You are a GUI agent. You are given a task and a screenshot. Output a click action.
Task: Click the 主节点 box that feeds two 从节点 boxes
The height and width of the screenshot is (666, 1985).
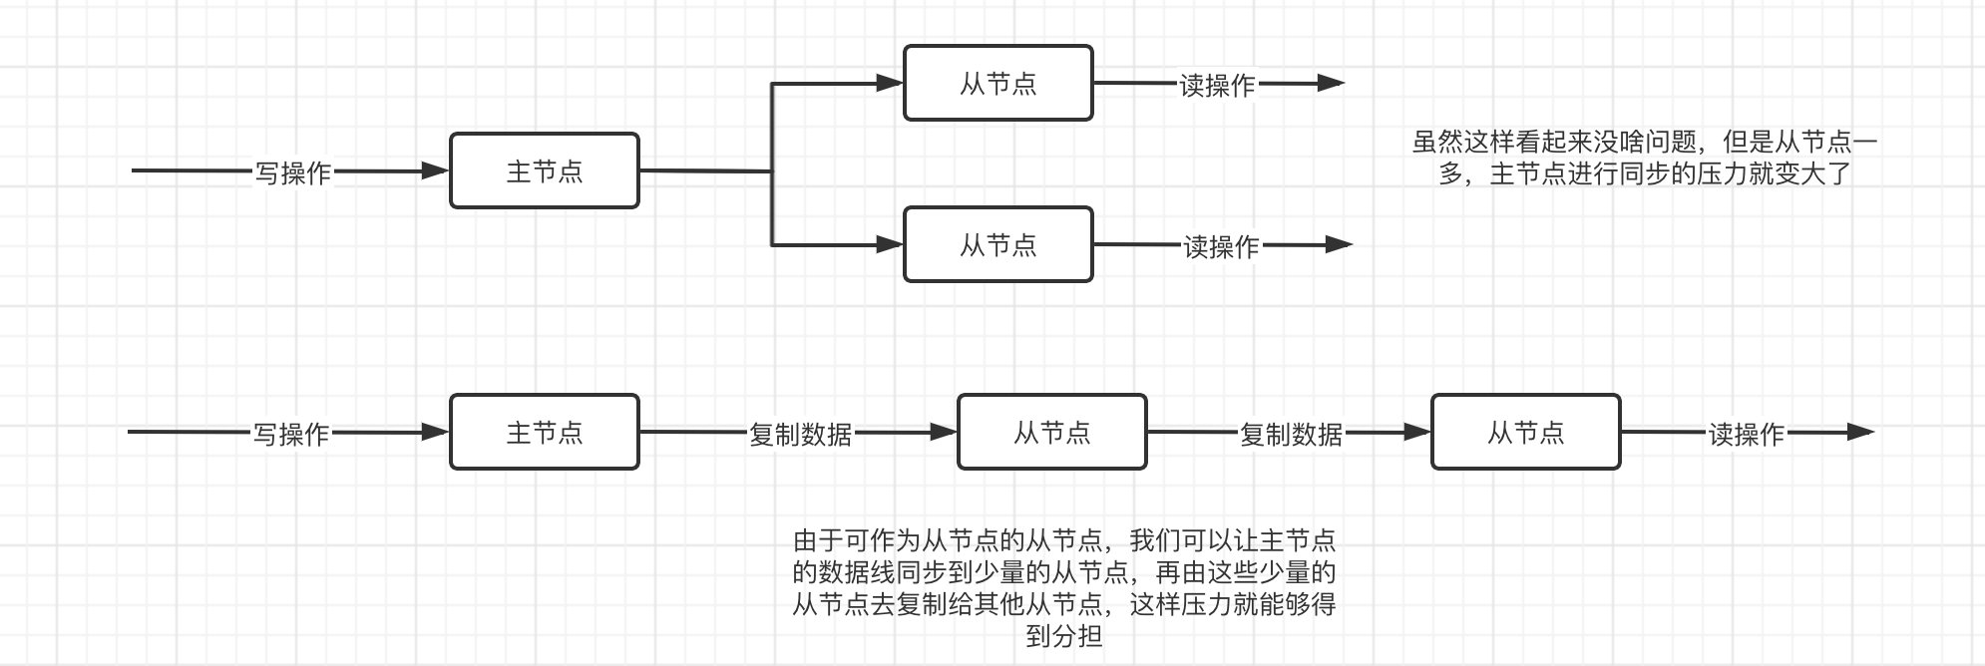tap(544, 170)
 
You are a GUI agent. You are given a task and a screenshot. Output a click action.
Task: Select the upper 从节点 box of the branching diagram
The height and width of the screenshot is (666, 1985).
tap(997, 83)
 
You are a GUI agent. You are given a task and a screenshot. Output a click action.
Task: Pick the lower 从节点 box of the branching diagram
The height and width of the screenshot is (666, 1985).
tap(997, 244)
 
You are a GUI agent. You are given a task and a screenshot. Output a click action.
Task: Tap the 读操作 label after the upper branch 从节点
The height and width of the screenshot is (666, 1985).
tap(1217, 86)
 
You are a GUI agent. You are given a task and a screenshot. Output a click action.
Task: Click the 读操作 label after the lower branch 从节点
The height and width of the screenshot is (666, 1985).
tap(1221, 246)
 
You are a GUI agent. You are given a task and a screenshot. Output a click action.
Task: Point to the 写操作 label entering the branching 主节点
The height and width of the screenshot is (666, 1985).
tap(292, 173)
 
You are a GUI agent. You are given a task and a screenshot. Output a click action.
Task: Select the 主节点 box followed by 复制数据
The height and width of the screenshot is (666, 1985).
tap(544, 432)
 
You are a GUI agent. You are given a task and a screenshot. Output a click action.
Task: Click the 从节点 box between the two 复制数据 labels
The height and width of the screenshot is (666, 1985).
tap(1051, 432)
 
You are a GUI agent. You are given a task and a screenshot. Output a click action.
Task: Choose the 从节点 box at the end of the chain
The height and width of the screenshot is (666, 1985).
tap(1525, 432)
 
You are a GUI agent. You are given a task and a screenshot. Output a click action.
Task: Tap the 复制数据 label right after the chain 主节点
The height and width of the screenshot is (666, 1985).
tap(800, 435)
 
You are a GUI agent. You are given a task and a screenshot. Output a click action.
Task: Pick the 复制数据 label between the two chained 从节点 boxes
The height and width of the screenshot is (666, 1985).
tap(1291, 435)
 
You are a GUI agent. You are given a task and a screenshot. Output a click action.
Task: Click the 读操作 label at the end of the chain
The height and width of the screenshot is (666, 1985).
tap(1746, 435)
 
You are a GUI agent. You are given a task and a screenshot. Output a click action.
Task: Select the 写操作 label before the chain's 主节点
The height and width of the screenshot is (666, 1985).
tap(290, 435)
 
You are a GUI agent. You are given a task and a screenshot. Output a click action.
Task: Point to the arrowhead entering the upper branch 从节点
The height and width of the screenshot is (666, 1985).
tap(890, 84)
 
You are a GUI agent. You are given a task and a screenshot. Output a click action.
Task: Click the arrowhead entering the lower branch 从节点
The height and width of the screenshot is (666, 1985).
tap(890, 244)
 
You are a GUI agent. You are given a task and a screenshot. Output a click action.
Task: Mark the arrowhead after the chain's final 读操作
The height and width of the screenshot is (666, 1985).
tap(1861, 432)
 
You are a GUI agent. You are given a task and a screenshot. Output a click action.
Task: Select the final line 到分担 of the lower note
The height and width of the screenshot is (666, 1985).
tap(1063, 636)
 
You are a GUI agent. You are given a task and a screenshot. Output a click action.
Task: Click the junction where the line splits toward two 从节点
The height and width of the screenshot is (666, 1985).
tap(772, 171)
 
